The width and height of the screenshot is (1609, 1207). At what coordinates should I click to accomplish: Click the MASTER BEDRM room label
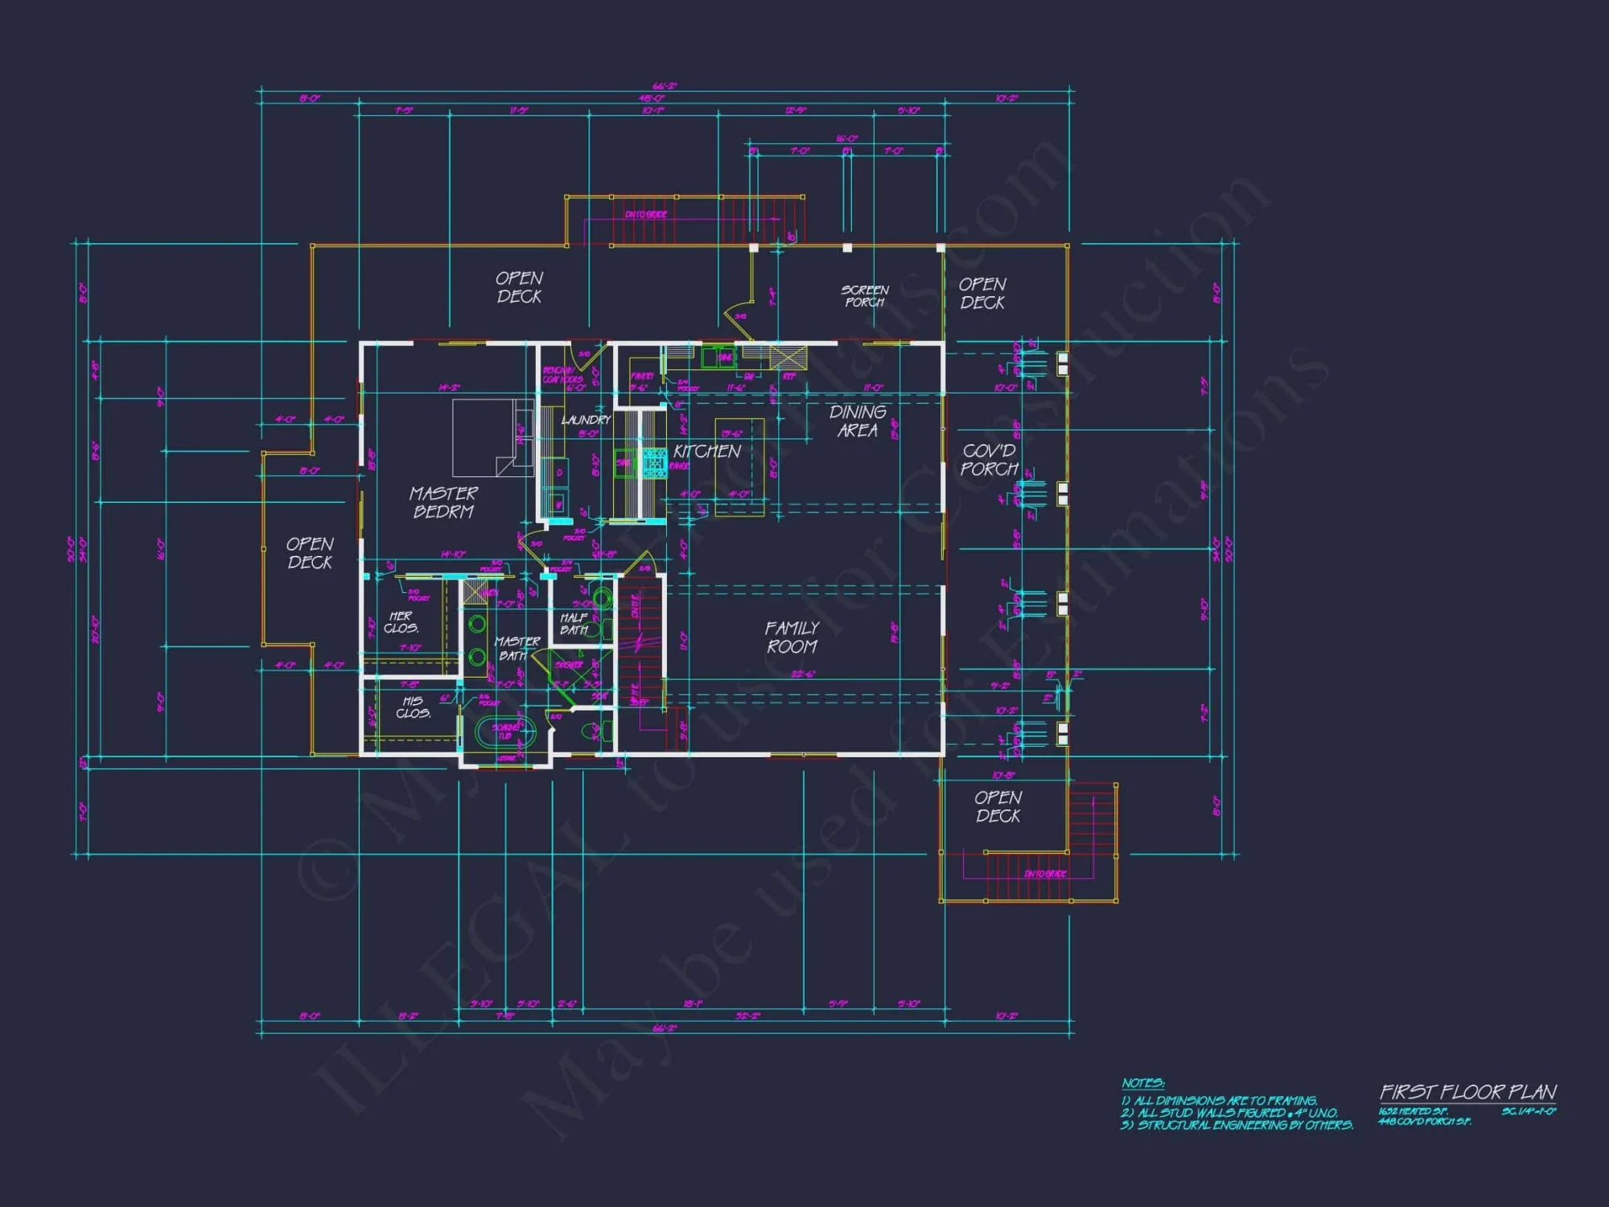point(443,502)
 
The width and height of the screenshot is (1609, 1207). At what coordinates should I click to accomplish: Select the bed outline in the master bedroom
point(492,438)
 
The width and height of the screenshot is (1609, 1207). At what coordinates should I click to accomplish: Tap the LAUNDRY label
point(586,420)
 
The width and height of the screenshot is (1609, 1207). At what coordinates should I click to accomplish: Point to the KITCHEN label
point(707,451)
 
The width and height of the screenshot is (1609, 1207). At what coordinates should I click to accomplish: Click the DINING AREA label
point(858,421)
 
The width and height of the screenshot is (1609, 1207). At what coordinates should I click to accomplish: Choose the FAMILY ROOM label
point(792,636)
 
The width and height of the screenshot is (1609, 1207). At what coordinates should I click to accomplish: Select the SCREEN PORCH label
point(865,295)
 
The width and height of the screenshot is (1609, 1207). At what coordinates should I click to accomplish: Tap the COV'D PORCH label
point(989,459)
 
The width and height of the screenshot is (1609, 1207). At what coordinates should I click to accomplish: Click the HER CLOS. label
point(401,622)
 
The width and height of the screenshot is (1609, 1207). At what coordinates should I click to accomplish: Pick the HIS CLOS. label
point(413,706)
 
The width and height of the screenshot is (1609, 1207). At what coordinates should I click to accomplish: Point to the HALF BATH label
point(574,624)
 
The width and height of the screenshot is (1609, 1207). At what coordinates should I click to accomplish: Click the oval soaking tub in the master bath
point(505,733)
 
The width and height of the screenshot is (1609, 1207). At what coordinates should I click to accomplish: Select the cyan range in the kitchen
point(655,463)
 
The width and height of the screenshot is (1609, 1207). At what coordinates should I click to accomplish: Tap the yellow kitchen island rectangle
point(739,467)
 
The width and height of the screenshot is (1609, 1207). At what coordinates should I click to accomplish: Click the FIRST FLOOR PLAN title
point(1468,1092)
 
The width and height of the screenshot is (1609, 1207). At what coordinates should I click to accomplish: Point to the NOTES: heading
point(1142,1083)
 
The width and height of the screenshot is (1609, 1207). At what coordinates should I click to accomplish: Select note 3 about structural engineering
point(1237,1125)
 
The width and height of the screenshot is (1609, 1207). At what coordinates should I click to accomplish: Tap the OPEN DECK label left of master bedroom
point(310,553)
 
